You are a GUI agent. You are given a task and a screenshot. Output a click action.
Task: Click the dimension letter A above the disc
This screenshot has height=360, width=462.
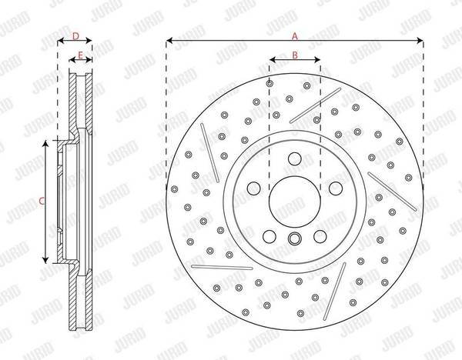tap(295, 36)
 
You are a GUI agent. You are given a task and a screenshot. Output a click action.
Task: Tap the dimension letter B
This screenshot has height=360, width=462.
tap(295, 55)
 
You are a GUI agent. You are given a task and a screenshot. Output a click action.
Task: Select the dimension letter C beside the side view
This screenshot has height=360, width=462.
tap(42, 202)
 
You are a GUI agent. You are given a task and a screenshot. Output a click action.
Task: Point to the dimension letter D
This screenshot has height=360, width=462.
tap(75, 36)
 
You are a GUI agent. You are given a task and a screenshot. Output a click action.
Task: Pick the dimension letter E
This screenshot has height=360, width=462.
tap(80, 55)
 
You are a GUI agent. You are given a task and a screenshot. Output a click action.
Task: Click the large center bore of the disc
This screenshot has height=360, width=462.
tap(295, 202)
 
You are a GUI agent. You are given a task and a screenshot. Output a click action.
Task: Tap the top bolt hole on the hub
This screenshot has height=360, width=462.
tap(295, 158)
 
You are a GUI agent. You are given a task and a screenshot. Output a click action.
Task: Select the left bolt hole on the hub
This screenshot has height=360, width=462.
tap(253, 188)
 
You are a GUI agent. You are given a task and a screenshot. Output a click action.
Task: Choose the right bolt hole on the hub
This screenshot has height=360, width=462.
tap(336, 188)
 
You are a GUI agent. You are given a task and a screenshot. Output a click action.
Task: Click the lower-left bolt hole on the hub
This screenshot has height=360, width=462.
tap(269, 236)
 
